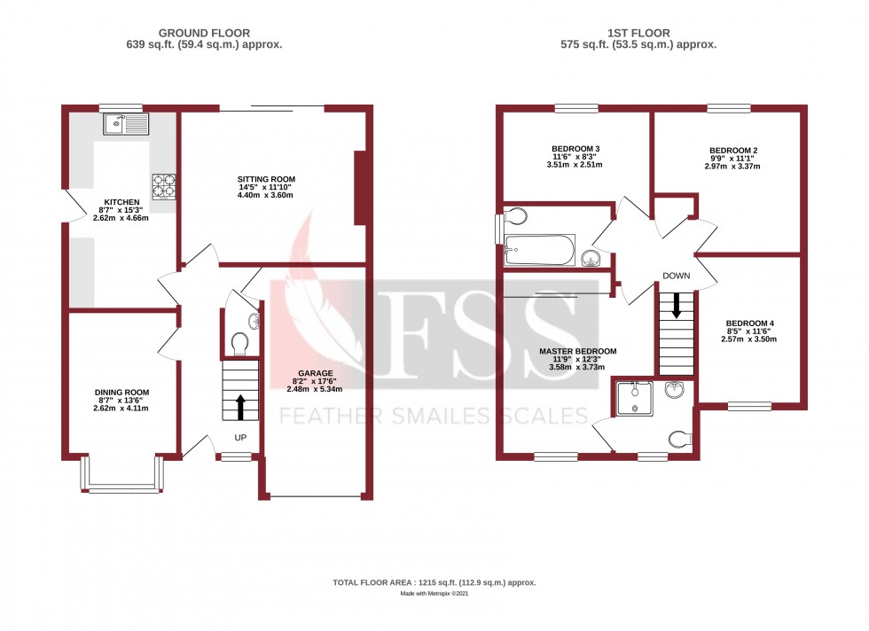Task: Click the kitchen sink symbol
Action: click(x=123, y=124)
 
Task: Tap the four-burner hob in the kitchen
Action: click(x=164, y=185)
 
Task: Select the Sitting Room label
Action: click(x=266, y=180)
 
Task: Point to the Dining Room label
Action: click(x=122, y=392)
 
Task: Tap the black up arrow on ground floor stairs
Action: click(x=239, y=408)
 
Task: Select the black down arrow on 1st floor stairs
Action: click(x=677, y=306)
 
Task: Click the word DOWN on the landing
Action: click(x=676, y=277)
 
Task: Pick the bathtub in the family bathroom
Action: click(x=539, y=250)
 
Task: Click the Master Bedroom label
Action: click(x=577, y=351)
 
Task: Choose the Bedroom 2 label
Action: click(x=733, y=151)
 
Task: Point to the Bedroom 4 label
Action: click(x=750, y=323)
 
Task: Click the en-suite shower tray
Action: click(x=636, y=398)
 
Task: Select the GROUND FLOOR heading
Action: click(x=205, y=33)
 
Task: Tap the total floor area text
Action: click(x=434, y=582)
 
